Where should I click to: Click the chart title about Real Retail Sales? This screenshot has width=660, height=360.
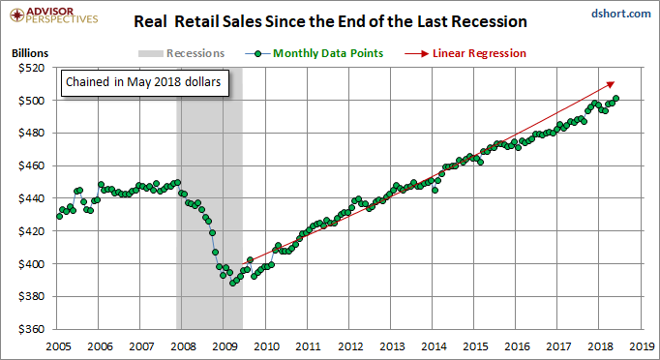click(x=330, y=21)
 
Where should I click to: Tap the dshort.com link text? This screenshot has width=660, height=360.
click(x=621, y=14)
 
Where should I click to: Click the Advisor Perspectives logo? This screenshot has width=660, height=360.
click(x=54, y=15)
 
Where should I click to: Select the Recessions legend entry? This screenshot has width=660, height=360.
click(x=181, y=53)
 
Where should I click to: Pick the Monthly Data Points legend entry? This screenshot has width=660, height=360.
click(x=314, y=53)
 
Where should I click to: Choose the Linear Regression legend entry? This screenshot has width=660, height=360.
click(x=465, y=53)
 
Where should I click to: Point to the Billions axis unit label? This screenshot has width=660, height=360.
click(x=30, y=53)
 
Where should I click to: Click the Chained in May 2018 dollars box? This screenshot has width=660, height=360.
click(x=145, y=83)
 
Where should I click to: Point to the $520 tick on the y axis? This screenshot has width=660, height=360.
click(x=31, y=68)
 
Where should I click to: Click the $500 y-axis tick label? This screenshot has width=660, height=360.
click(x=31, y=101)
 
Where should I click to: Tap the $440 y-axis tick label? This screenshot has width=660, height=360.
click(x=31, y=198)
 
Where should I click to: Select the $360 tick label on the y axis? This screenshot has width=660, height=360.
click(x=31, y=329)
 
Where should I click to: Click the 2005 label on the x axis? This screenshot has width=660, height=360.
click(x=58, y=346)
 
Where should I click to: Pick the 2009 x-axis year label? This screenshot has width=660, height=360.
click(x=225, y=346)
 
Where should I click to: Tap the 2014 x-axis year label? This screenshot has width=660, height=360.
click(x=434, y=346)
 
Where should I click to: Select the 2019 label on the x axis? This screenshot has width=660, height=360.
click(x=643, y=346)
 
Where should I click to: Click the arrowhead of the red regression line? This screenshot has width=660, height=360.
click(x=612, y=84)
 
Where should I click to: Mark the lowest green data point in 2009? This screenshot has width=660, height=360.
click(x=233, y=283)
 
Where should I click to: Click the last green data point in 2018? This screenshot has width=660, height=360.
click(x=615, y=98)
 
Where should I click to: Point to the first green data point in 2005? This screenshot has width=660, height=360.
click(x=59, y=216)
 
